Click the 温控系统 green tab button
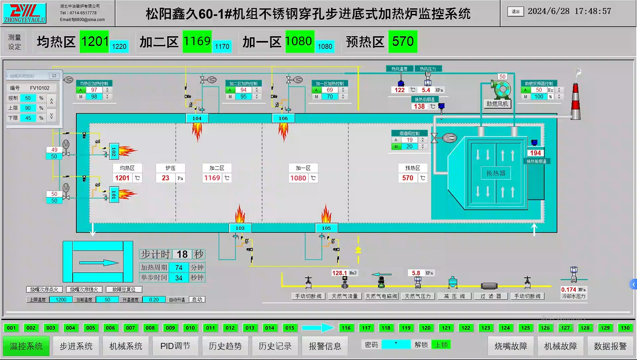(26, 346)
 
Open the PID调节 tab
(175, 346)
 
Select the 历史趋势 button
(225, 346)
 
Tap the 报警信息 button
(325, 346)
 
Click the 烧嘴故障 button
(511, 346)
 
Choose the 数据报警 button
(610, 346)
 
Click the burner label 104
(197, 118)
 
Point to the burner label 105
(326, 228)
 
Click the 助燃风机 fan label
(497, 104)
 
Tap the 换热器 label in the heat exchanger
(496, 173)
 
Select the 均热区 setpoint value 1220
(119, 46)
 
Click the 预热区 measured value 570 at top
(403, 42)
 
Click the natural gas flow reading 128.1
(339, 273)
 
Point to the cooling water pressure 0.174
(568, 289)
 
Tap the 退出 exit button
(515, 11)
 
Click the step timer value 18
(182, 254)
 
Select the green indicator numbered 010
(190, 328)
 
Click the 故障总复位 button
(124, 289)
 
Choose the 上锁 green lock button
(441, 345)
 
